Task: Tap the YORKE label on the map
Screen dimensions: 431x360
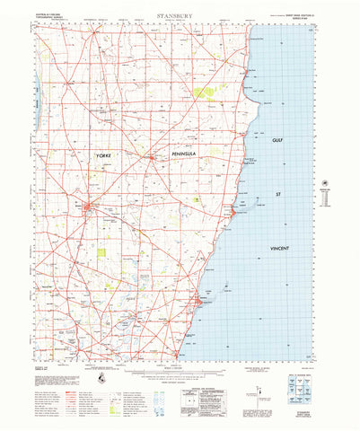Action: coord(107,157)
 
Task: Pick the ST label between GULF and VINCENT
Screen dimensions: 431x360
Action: coord(278,193)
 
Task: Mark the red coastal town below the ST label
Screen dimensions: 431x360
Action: coord(233,211)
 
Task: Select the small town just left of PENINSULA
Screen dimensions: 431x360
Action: coord(153,159)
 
